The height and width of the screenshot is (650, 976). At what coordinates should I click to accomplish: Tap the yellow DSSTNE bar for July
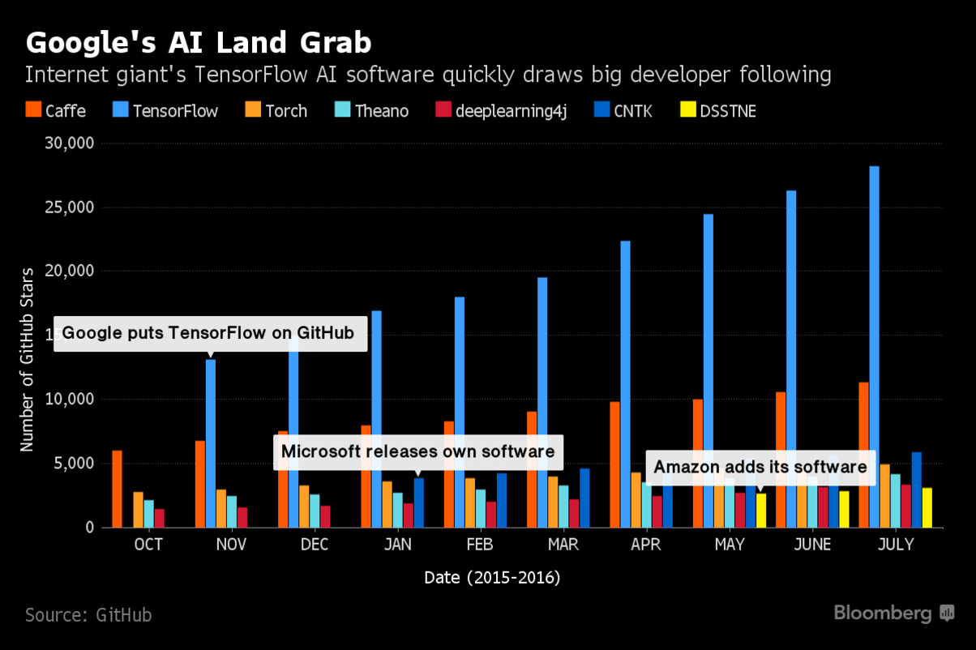click(x=927, y=507)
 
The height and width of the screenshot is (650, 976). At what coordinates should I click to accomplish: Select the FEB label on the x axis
click(x=480, y=545)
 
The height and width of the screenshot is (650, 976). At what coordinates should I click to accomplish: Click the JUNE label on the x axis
click(x=812, y=545)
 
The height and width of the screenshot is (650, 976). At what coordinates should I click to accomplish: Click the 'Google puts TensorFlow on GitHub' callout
click(x=208, y=333)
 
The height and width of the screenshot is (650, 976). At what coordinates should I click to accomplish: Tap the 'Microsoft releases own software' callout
click(x=417, y=451)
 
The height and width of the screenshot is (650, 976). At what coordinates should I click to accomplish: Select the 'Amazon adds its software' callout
click(x=760, y=467)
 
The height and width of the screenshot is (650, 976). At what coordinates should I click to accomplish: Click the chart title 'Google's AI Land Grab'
click(x=199, y=42)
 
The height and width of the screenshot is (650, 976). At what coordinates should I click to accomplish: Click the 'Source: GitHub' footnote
click(x=88, y=615)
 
